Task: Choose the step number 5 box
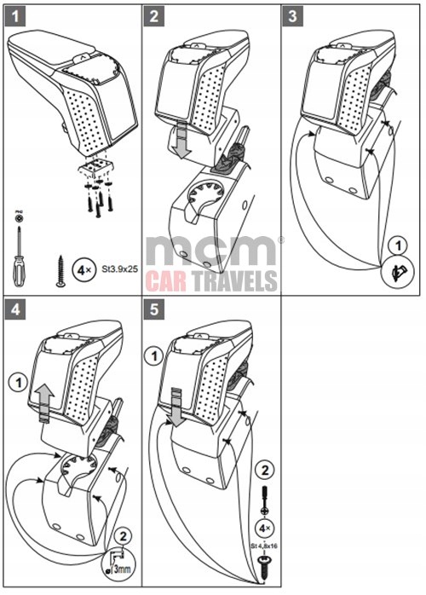tap(155, 309)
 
